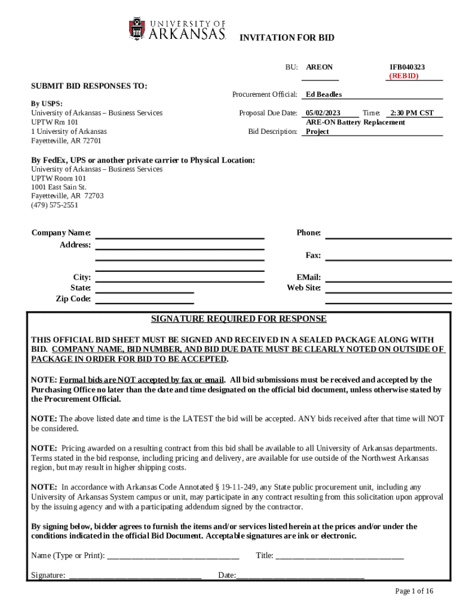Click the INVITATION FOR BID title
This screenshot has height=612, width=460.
tap(287, 38)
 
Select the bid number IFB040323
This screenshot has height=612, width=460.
tap(407, 68)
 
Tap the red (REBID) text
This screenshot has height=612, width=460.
tap(404, 76)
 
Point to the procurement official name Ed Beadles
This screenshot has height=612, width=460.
tap(323, 94)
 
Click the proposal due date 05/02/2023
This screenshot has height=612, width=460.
tap(323, 113)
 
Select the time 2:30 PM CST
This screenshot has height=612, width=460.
tap(412, 113)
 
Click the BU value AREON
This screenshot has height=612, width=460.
tap(320, 68)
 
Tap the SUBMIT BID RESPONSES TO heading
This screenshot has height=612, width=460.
tap(89, 86)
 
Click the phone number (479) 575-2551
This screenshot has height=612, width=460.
tap(54, 205)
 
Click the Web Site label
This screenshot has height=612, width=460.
tap(304, 288)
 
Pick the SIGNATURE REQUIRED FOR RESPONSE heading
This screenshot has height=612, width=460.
tap(238, 319)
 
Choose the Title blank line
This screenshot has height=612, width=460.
tap(339, 556)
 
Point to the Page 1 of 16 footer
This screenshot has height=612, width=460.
tap(414, 591)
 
